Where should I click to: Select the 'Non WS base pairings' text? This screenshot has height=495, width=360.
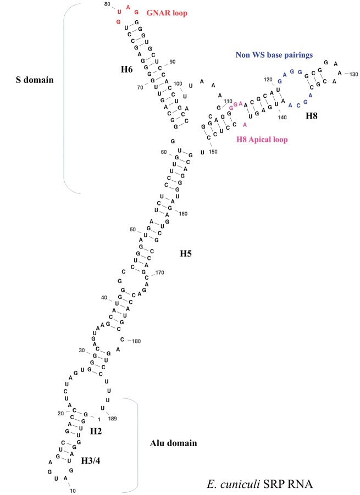[x=274, y=54]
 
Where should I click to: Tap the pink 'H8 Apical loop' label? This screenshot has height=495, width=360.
[x=262, y=140]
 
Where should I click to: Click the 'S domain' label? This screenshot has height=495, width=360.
[x=34, y=80]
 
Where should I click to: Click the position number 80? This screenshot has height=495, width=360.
[x=108, y=4]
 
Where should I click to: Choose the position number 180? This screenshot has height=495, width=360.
[x=136, y=341]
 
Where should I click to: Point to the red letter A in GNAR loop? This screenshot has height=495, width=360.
[x=128, y=7]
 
